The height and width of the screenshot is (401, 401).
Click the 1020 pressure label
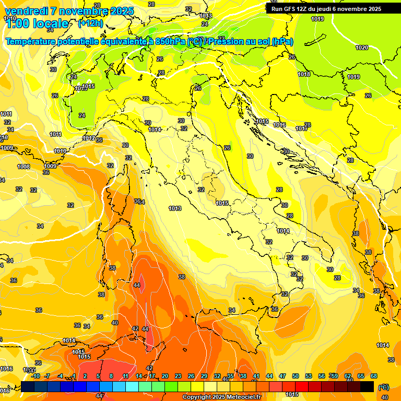tap(362, 48)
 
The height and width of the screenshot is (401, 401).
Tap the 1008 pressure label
tap(23, 167)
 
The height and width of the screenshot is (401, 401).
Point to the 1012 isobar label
tap(89, 138)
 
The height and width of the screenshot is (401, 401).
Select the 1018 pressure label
tap(304, 74)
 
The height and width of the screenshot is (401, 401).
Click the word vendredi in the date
tap(26, 11)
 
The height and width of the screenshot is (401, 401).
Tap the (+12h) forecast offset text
tap(90, 23)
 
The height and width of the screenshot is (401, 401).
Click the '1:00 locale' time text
tap(37, 23)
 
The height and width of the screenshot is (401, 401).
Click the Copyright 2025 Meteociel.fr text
tap(221, 397)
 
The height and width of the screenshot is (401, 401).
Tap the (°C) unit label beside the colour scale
tap(383, 387)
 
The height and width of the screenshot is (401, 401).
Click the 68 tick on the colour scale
tap(374, 376)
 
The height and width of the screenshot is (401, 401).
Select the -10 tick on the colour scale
tap(36, 376)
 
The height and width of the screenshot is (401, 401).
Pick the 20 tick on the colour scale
tap(165, 376)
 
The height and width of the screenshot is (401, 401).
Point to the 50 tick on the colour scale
tap(296, 376)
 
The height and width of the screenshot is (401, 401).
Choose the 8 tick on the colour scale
tap(111, 376)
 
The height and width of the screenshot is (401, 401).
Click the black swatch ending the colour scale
tap(368, 386)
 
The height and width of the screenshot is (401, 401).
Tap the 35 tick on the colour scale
tap(230, 376)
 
